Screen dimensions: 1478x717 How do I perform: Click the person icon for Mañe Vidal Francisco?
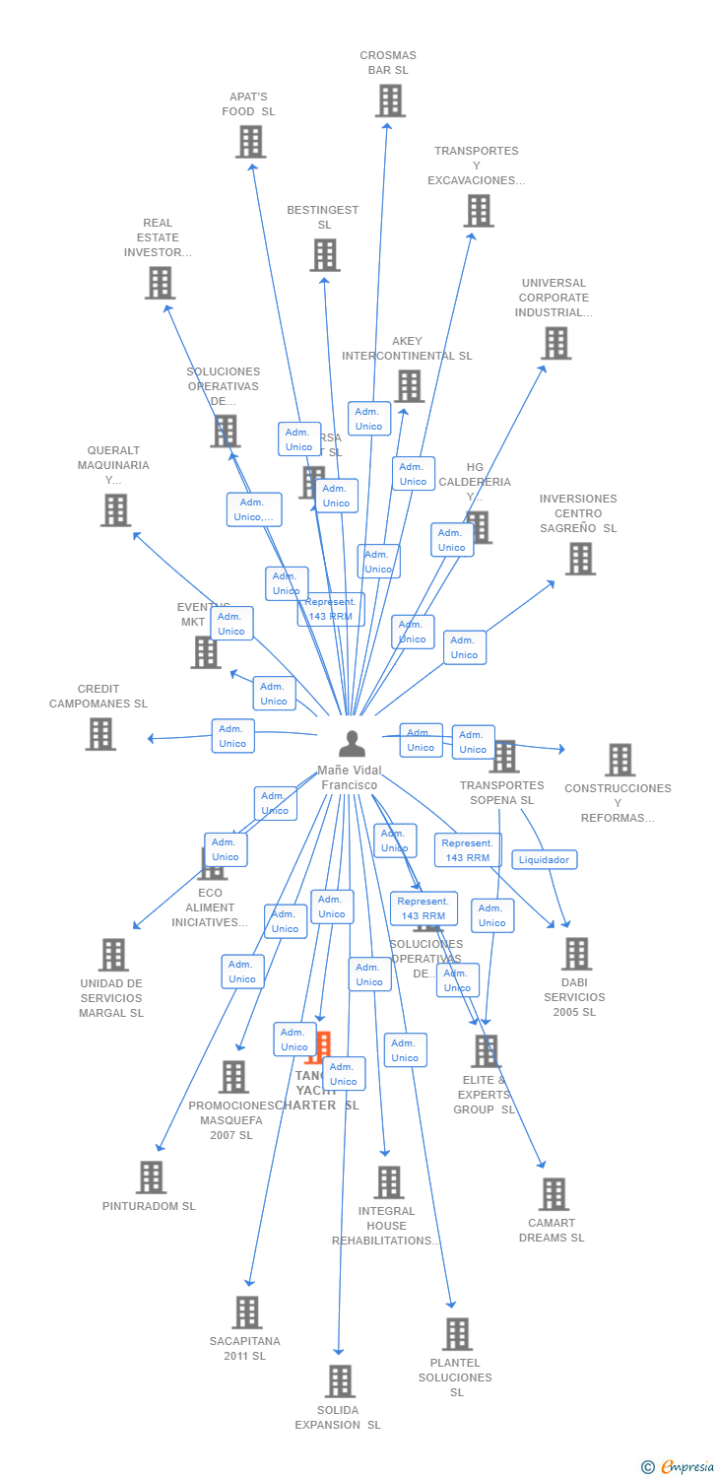(352, 743)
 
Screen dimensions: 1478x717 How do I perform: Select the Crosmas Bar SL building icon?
(390, 101)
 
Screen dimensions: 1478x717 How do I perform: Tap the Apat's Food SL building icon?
(251, 142)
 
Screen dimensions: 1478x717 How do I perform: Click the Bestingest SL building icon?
(325, 255)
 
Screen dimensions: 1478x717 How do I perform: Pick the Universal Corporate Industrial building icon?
(556, 343)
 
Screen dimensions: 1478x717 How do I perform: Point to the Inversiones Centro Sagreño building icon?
(580, 559)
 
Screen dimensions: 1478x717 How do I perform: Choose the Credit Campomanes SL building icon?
(100, 734)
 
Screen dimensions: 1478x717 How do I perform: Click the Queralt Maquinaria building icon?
(115, 510)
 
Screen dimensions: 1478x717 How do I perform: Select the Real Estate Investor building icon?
(160, 283)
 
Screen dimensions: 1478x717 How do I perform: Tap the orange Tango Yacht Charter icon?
(318, 1046)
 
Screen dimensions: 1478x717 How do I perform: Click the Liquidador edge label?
(545, 859)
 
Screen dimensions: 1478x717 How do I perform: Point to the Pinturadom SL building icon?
(151, 1176)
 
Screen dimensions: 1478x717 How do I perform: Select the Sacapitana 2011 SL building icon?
(247, 1312)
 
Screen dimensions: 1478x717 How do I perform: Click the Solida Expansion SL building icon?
(340, 1381)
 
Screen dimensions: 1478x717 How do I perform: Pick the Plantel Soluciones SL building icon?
(457, 1334)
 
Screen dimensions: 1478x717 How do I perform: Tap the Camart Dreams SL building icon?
(554, 1194)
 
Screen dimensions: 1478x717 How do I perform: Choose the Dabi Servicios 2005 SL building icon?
(576, 954)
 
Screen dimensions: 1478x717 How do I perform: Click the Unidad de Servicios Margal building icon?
(113, 955)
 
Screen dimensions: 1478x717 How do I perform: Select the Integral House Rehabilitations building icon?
(389, 1182)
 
